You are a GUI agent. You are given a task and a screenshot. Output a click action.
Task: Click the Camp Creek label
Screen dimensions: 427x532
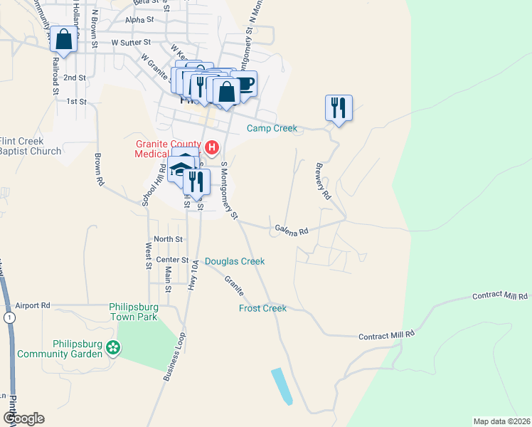tap(272, 129)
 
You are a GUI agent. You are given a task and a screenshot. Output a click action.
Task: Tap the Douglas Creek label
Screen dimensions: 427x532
tap(235, 261)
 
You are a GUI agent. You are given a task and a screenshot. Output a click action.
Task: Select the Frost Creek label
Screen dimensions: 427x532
tap(262, 308)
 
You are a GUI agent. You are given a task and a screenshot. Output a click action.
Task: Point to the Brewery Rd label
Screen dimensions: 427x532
tap(322, 181)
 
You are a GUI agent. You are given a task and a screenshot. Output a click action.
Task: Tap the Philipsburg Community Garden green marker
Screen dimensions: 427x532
tap(112, 348)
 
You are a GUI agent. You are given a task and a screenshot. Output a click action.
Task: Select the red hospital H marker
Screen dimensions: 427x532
tap(211, 148)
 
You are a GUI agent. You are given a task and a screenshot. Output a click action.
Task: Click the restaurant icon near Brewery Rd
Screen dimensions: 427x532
tap(338, 108)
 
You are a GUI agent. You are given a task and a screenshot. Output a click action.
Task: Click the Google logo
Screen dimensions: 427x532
tap(23, 418)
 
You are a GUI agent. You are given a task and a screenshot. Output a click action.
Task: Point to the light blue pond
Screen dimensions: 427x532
tap(282, 386)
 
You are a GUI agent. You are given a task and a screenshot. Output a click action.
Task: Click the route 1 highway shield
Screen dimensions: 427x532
tap(9, 317)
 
